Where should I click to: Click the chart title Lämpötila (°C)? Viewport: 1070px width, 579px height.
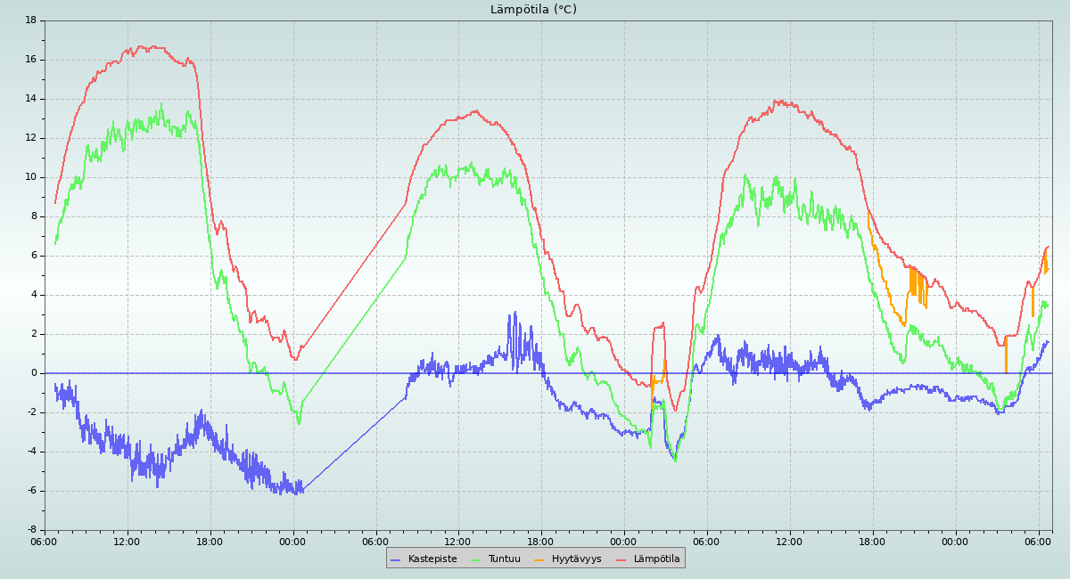click(533, 10)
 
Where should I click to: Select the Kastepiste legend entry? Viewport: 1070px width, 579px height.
click(432, 559)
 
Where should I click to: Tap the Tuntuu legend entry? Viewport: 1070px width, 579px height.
click(504, 559)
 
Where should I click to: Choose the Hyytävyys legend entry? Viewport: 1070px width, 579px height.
click(576, 559)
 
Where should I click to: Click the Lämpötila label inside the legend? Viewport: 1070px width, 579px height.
click(656, 559)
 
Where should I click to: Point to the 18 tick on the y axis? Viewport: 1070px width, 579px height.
click(31, 20)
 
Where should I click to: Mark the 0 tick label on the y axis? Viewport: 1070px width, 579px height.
click(33, 373)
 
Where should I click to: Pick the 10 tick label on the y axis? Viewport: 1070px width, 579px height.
click(31, 176)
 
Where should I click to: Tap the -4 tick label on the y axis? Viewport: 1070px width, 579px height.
click(31, 452)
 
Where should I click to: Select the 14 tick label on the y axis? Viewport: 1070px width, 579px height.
click(31, 98)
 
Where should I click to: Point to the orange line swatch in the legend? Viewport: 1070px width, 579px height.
click(539, 559)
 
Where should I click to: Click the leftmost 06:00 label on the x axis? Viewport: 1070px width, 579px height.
click(45, 541)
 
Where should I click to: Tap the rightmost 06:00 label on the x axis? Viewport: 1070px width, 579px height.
click(1039, 541)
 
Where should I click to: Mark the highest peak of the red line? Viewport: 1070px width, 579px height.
click(141, 46)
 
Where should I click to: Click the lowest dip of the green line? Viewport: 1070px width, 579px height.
click(675, 461)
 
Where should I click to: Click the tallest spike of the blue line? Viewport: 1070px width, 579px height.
click(514, 313)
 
